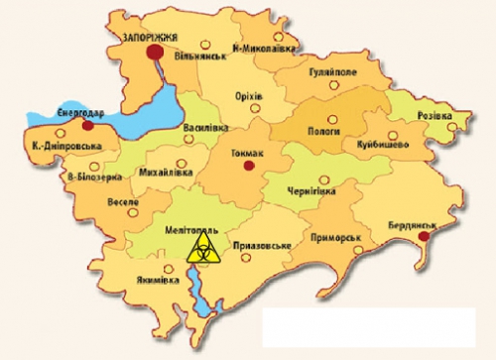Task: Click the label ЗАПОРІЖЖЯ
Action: click(150, 35)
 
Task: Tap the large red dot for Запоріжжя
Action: click(154, 53)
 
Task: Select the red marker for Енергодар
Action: click(88, 126)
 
